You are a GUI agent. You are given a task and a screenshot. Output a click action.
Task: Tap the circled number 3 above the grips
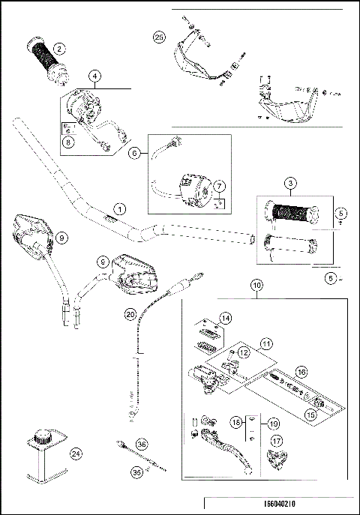[289, 184]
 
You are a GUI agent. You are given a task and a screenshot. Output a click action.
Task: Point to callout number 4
[95, 76]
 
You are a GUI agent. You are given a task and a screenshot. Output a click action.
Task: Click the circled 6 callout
[135, 152]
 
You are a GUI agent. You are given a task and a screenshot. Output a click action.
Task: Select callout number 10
[256, 285]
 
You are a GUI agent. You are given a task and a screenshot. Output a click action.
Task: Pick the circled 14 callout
[226, 319]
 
